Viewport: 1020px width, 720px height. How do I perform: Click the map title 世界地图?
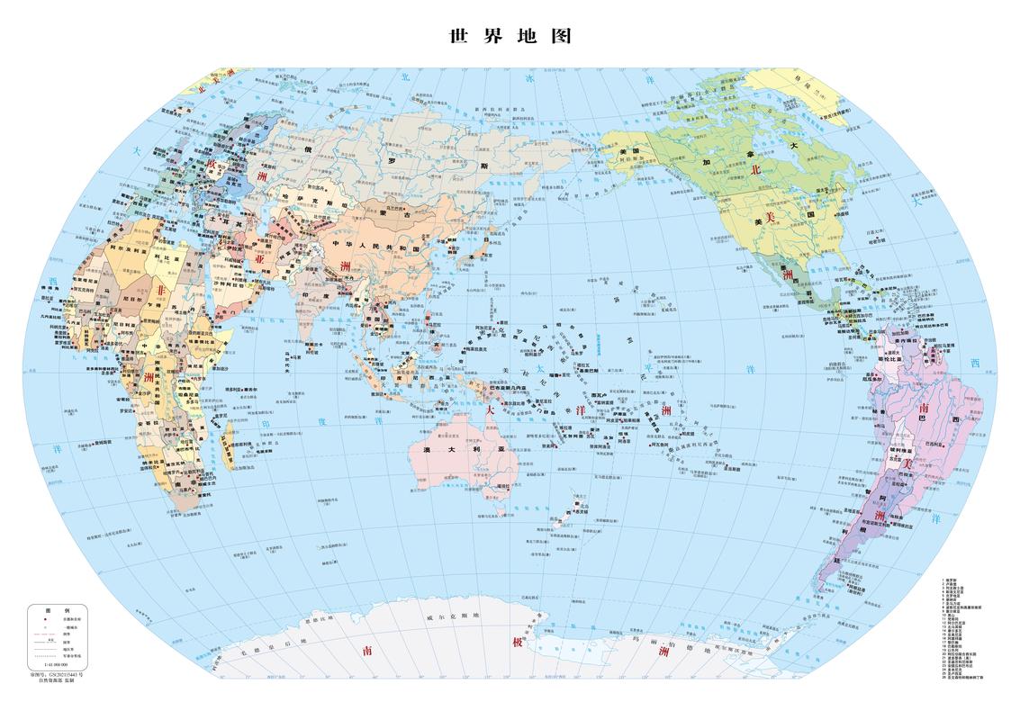(510, 37)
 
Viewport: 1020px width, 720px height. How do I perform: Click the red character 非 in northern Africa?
(162, 290)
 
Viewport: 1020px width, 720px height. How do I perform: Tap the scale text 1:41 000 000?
(56, 664)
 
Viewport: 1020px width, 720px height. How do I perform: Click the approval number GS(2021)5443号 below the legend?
(56, 672)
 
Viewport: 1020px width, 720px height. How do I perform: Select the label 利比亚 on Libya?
(163, 256)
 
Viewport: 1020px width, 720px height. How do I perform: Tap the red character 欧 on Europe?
(212, 164)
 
